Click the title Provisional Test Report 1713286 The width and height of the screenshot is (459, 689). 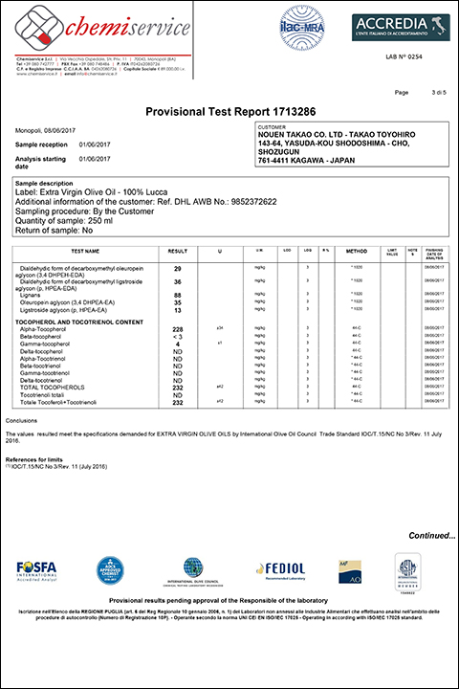click(229, 111)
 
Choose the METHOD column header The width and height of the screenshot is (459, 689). click(356, 253)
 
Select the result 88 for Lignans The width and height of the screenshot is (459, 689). click(177, 294)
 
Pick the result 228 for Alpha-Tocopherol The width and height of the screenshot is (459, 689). click(177, 328)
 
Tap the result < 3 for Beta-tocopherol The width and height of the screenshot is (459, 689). click(177, 336)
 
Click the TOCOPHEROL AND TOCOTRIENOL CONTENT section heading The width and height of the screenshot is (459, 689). click(81, 320)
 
